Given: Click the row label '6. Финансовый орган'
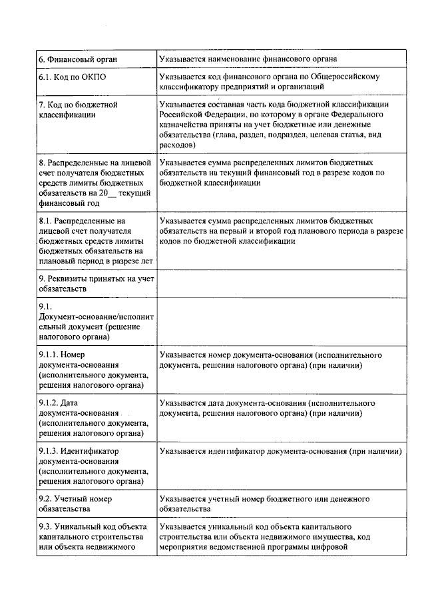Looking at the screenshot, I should click(78, 59).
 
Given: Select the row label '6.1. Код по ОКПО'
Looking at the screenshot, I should click(72, 77).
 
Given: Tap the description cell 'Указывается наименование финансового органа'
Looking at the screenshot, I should click(258, 59).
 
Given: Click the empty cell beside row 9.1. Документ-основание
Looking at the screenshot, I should click(280, 320).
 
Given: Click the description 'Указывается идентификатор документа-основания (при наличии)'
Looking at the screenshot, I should click(280, 452).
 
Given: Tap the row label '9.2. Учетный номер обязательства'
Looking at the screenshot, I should click(75, 504).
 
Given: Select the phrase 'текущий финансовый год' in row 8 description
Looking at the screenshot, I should click(290, 172).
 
